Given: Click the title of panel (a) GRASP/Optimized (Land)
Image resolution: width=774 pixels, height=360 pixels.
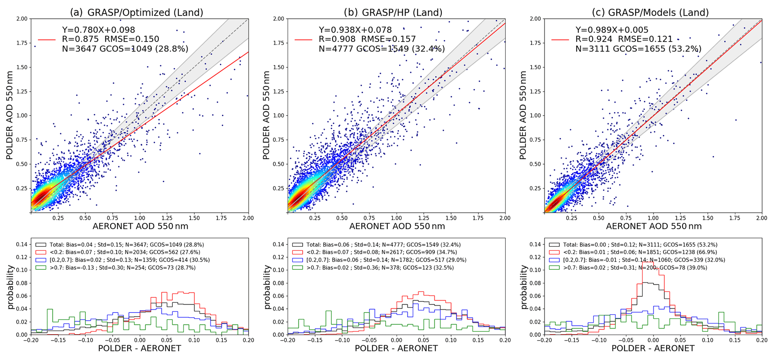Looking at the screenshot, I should [137, 12].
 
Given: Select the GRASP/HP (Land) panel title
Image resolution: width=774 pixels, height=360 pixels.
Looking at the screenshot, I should [393, 12].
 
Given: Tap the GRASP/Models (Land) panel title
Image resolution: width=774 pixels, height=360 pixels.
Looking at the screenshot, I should [650, 12].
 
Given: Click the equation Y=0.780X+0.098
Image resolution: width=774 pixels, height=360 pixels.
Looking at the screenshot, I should [98, 30].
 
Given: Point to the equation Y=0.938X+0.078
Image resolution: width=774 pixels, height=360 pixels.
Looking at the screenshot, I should [355, 30].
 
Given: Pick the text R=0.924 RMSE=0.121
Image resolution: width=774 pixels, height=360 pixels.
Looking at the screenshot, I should [624, 39].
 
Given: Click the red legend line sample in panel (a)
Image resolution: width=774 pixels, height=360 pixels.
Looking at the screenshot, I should [46, 39].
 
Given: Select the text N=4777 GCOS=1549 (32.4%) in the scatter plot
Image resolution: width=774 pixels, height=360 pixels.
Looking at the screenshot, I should [382, 49].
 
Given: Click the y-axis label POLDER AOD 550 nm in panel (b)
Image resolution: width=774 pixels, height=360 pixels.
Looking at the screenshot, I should [266, 115].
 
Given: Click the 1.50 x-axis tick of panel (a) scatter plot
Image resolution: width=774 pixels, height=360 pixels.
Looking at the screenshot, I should [194, 218].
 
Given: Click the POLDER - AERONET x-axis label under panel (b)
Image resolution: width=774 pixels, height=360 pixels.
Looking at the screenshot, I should [396, 348].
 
